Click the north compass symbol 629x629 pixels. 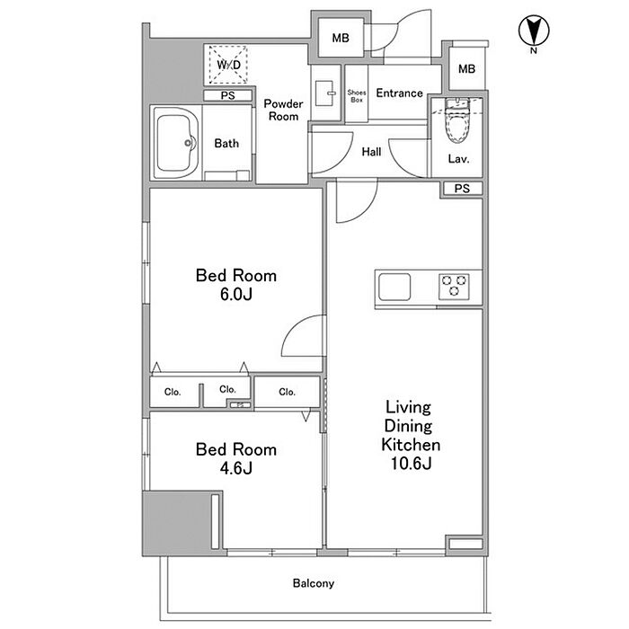534,31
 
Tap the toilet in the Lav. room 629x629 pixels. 457,120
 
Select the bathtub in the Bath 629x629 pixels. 176,143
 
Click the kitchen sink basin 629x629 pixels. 394,287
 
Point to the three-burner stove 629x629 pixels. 454,286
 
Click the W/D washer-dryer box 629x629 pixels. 228,65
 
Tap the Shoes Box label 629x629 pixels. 357,96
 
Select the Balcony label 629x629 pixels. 314,583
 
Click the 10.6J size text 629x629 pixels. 412,464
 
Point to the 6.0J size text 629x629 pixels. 236,295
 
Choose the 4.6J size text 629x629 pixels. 236,468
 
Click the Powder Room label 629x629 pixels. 283,110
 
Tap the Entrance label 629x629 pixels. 399,93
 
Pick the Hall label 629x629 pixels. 371,152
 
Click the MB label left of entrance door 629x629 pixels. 341,38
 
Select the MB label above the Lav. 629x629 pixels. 466,69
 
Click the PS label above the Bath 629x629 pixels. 228,95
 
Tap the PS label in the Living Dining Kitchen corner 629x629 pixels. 462,188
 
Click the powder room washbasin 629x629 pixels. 325,93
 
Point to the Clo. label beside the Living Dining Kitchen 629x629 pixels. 287,392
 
